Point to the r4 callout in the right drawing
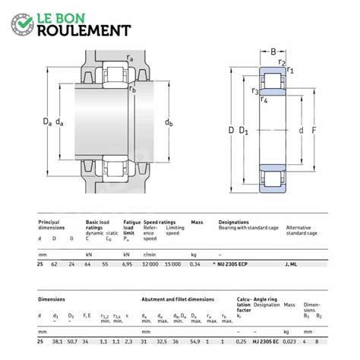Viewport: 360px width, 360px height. (x=264, y=99)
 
